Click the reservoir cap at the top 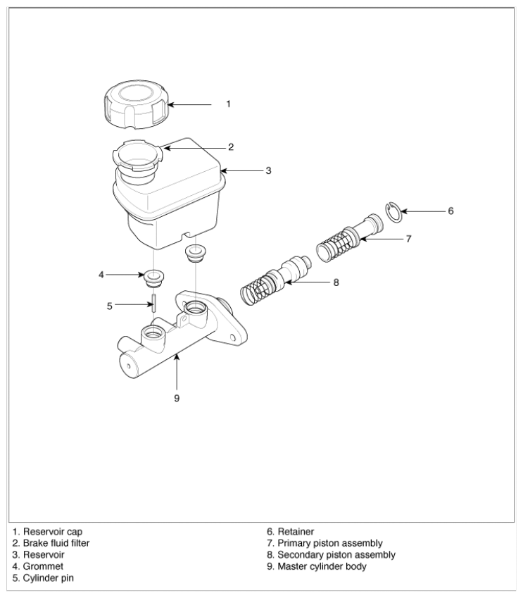(x=136, y=104)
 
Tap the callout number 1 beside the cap (x=228, y=104)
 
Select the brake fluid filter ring (x=137, y=156)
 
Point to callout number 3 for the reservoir (x=268, y=170)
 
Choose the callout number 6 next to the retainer (x=450, y=211)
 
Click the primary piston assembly (x=350, y=238)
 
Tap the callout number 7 (x=409, y=239)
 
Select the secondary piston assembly (x=276, y=280)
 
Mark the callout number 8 (x=336, y=282)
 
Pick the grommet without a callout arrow (x=195, y=254)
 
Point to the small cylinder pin (x=153, y=303)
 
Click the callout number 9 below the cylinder (x=177, y=398)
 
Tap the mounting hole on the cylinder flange (x=232, y=337)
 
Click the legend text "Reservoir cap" (x=53, y=532)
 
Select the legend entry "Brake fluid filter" (x=56, y=543)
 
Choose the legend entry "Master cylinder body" (x=322, y=566)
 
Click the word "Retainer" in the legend (x=296, y=532)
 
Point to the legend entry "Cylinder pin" (x=49, y=578)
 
